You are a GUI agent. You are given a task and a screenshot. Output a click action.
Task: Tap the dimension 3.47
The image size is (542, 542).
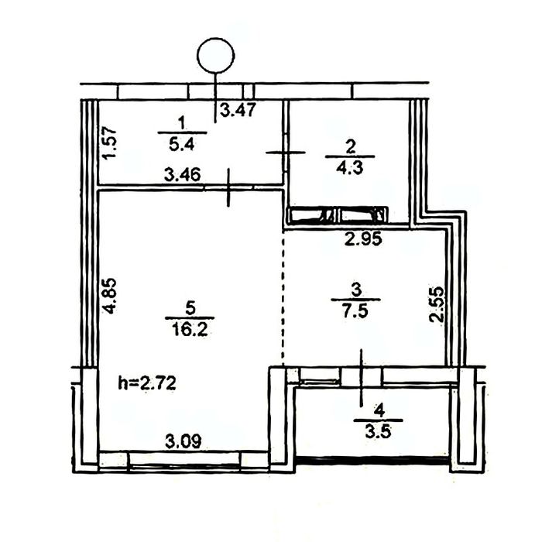coord(238,110)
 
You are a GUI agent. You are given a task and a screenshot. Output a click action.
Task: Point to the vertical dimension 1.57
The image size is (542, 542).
coord(110,143)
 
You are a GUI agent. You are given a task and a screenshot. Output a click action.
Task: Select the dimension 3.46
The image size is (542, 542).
coord(182,174)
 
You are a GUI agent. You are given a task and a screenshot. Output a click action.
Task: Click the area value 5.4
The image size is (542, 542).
coord(182,144)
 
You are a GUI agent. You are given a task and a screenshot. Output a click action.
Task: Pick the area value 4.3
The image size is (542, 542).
coord(350,168)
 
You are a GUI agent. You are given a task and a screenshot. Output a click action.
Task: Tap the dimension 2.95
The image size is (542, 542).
coord(364,238)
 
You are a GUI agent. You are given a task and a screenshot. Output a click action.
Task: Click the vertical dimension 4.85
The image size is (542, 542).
coord(110,296)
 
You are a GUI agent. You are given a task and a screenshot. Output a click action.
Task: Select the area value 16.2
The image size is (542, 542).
coord(190,329)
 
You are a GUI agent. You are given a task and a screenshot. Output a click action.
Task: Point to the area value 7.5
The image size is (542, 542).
coord(355,310)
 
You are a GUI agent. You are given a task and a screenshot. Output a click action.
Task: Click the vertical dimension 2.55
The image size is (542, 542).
coord(436,304)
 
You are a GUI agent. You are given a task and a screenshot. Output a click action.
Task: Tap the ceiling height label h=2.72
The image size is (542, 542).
coord(147,383)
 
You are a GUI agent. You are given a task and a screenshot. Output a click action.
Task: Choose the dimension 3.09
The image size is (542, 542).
coord(184,442)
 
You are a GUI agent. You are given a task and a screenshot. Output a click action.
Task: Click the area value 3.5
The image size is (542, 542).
coord(378,432)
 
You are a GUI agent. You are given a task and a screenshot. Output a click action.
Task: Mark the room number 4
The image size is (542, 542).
coord(379,411)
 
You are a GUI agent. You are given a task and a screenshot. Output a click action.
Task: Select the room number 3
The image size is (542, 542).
coord(356,290)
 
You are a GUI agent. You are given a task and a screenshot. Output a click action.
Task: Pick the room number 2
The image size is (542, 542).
coord(350,147)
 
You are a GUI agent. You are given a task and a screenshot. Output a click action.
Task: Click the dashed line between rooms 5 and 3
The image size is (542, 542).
coord(283,298)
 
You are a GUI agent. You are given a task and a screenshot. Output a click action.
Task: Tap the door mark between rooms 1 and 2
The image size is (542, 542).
coord(286,152)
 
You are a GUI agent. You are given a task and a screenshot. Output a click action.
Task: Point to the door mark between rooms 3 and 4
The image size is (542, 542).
coord(362,378)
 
